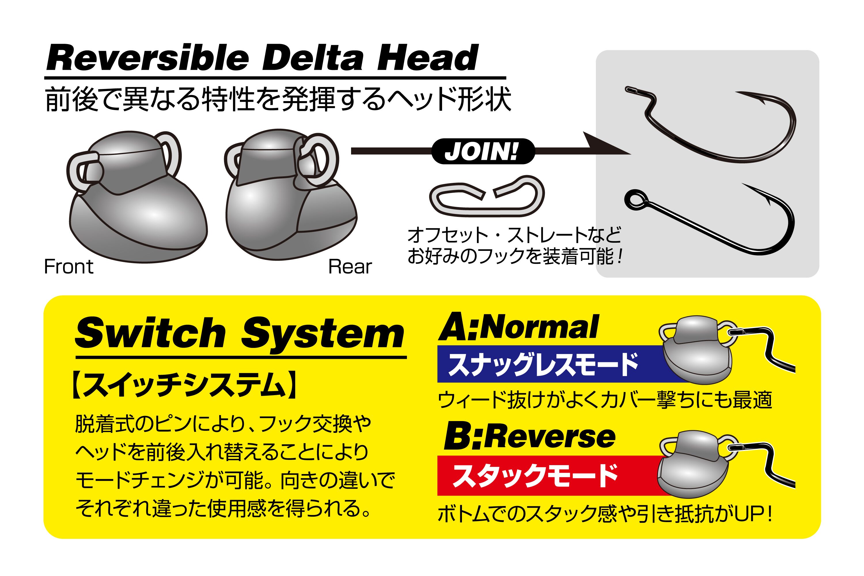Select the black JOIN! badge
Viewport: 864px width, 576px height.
click(482, 151)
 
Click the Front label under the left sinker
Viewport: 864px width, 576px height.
click(69, 267)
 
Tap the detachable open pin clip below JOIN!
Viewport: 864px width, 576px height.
click(486, 196)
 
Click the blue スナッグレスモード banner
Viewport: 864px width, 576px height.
click(544, 364)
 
